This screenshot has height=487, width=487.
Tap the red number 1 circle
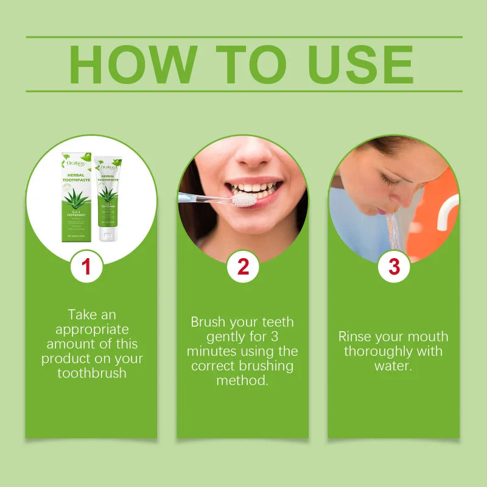pyautogui.click(x=86, y=267)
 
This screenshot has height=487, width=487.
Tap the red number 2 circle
pyautogui.click(x=243, y=267)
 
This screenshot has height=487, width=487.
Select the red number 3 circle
pyautogui.click(x=394, y=267)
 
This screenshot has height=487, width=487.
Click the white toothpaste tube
pyautogui.click(x=108, y=198)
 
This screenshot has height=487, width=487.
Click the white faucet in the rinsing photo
pyautogui.click(x=447, y=210)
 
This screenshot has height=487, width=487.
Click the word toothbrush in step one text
pyautogui.click(x=92, y=373)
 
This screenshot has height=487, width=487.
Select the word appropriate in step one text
pyautogui.click(x=92, y=329)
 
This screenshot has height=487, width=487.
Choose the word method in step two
pyautogui.click(x=242, y=380)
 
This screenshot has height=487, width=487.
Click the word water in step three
pyautogui.click(x=393, y=366)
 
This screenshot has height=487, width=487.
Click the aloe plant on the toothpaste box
pyautogui.click(x=77, y=197)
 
